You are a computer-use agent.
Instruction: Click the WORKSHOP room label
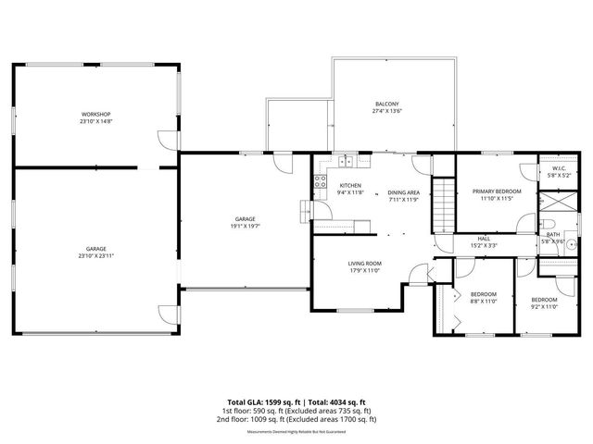[95, 114]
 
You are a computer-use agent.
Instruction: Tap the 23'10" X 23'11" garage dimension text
[95, 253]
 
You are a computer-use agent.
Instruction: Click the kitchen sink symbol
[347, 161]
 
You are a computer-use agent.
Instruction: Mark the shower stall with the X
[558, 203]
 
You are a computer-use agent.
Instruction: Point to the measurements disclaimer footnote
[296, 432]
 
